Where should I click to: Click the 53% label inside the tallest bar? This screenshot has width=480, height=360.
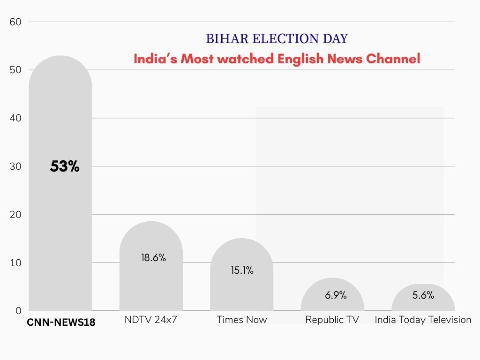point(65,166)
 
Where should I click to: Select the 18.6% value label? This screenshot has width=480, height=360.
point(153,257)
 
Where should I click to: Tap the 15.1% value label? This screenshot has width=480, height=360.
point(242,270)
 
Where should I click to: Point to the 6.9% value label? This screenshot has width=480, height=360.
point(336,295)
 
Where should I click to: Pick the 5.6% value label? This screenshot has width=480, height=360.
point(423,295)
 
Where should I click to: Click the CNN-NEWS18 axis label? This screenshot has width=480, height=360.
point(61,322)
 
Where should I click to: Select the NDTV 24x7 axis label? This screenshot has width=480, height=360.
point(150,320)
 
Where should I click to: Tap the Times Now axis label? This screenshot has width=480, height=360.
point(241,320)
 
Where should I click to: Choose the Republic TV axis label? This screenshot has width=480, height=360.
point(332,320)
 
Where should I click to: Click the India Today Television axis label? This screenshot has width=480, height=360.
point(423,320)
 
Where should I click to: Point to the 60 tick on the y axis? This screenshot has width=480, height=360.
point(15,22)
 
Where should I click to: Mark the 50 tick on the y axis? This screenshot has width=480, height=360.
point(15,70)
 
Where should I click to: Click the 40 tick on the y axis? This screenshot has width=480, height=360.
point(15,118)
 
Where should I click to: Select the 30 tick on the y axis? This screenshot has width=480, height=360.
point(15,166)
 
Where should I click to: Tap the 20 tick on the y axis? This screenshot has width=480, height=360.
point(15,215)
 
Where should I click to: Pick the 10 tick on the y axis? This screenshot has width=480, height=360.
point(15,262)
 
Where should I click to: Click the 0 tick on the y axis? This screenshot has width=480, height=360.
point(18,311)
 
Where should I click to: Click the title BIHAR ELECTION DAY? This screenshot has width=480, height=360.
point(277,38)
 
